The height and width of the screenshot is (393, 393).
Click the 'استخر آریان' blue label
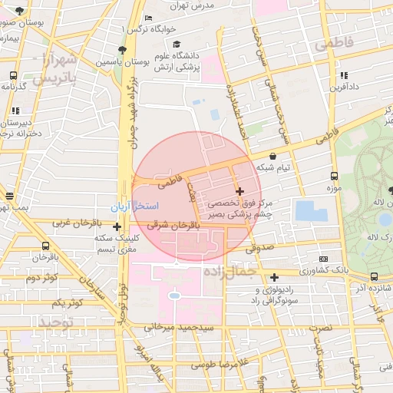click(x=134, y=207)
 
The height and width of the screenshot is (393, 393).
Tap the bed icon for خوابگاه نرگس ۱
click(x=148, y=18)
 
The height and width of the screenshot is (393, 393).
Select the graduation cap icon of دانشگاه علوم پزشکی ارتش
click(x=177, y=45)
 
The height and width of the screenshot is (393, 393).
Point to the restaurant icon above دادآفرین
click(x=344, y=75)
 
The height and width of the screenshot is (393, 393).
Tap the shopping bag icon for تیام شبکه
click(x=272, y=156)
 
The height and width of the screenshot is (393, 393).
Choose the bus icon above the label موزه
click(x=333, y=176)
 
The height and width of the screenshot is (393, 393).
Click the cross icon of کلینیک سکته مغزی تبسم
click(x=117, y=226)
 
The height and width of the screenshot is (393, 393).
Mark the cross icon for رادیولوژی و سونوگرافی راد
click(x=274, y=277)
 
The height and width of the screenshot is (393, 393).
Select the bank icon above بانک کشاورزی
click(x=324, y=259)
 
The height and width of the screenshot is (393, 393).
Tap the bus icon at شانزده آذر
click(x=374, y=276)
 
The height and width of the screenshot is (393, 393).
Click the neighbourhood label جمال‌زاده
click(x=230, y=272)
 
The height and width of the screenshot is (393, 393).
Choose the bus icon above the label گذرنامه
click(x=14, y=76)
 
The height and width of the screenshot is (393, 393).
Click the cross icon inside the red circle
click(x=239, y=191)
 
